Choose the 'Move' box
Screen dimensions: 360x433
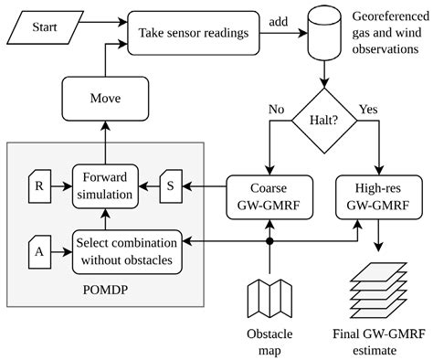pyautogui.click(x=103, y=96)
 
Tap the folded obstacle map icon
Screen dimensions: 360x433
pyautogui.click(x=269, y=296)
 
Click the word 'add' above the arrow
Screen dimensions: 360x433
pyautogui.click(x=280, y=21)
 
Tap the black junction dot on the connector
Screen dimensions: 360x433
pyautogui.click(x=269, y=243)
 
